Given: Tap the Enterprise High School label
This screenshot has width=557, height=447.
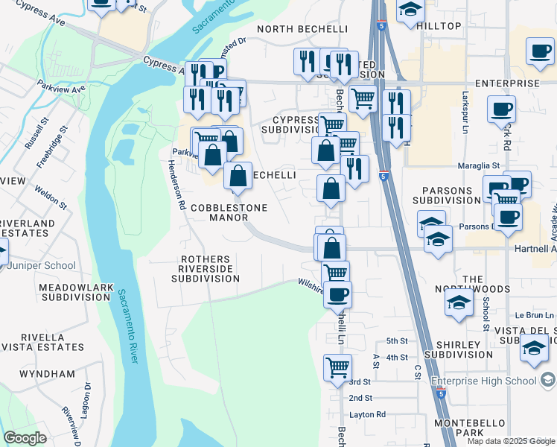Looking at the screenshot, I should pos(484,381).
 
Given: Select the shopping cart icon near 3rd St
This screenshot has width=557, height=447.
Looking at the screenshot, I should pos(337,367).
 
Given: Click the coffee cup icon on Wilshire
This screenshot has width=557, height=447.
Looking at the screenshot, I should pos(337,294).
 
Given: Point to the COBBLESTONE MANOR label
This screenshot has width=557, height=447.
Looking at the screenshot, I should pos(218,212).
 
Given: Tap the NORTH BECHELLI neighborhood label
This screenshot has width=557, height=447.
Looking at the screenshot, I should pos(302,29).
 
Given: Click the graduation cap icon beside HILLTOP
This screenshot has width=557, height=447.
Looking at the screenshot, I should pos(410,10).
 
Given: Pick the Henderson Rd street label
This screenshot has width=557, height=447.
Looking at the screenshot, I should pos(178,183).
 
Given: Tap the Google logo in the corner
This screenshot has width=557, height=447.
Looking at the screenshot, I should pos(25,438).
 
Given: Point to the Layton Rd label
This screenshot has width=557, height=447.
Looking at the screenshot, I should pos(366,414).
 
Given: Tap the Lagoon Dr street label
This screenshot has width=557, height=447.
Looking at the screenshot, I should pos(87,394).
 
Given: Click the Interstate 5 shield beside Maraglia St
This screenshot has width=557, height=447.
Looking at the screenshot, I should pos(382,176).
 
